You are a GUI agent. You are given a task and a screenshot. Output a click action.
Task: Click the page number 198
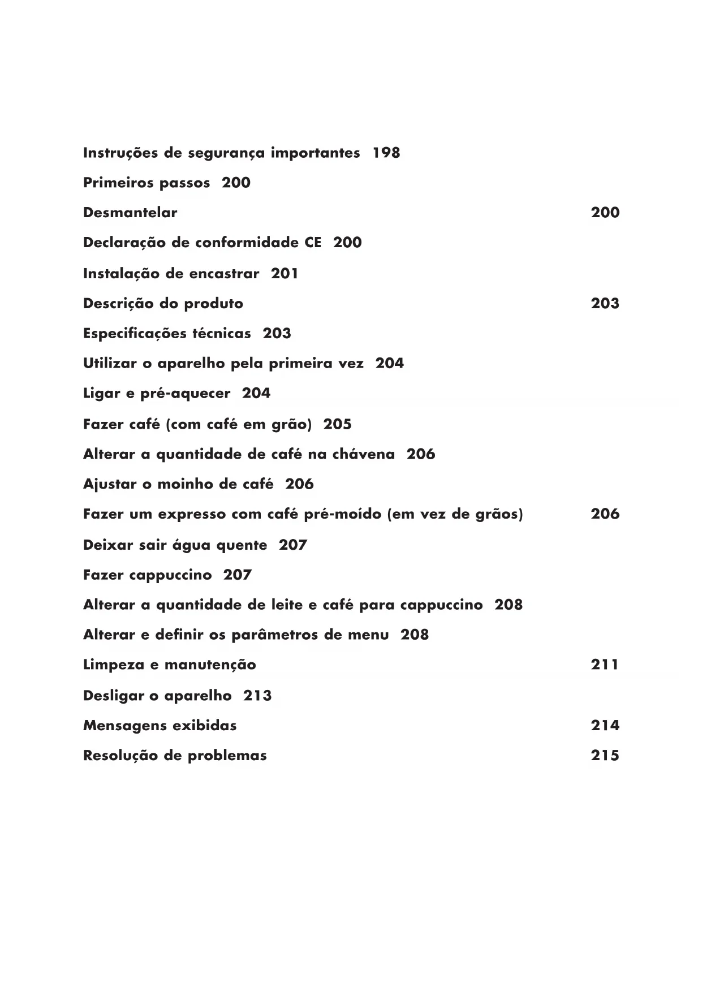pyautogui.click(x=386, y=153)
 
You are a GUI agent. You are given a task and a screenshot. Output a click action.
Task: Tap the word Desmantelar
pyautogui.click(x=130, y=213)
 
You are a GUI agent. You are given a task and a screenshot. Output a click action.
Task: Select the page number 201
pyautogui.click(x=285, y=274)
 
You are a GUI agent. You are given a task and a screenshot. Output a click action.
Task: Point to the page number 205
pyautogui.click(x=337, y=424)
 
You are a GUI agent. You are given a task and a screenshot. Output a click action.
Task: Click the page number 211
pyautogui.click(x=605, y=665)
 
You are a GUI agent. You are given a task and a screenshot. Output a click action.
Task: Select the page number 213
pyautogui.click(x=257, y=696)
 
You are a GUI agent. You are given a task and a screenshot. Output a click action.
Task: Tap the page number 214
pyautogui.click(x=605, y=726)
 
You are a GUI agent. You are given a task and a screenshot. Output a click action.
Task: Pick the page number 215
pyautogui.click(x=605, y=756)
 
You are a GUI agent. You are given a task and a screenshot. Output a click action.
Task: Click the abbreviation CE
pyautogui.click(x=312, y=243)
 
